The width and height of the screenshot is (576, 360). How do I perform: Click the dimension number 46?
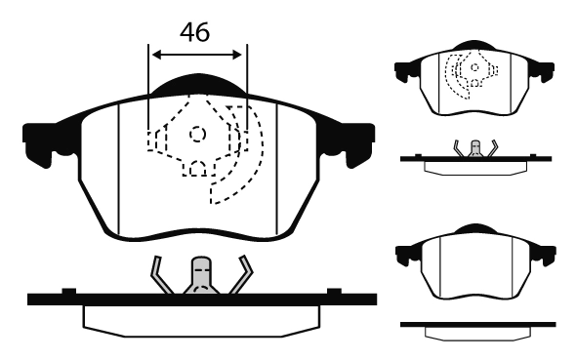click(195, 31)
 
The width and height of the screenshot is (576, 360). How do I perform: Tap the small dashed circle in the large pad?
click(197, 134)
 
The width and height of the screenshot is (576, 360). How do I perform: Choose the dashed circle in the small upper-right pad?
click(473, 68)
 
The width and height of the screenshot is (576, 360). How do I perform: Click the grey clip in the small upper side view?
click(475, 148)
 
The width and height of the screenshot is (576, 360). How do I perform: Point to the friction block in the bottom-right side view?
click(474, 333)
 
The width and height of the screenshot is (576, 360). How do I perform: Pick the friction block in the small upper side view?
click(474, 166)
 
